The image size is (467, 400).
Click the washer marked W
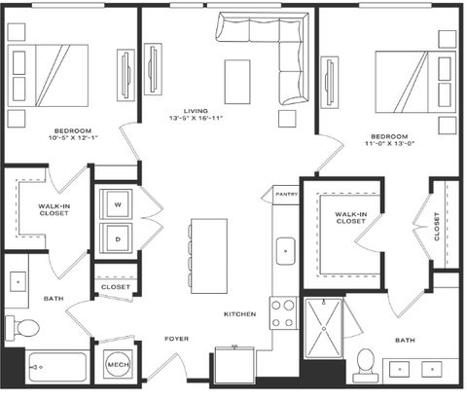pos(116,204)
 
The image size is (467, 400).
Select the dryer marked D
pos(116,238)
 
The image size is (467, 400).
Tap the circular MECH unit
pos(118,364)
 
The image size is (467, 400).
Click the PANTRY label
pos(287,194)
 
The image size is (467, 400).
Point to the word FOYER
pos(177,339)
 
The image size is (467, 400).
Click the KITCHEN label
pos(240,314)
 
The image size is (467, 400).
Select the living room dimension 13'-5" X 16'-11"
pos(196,118)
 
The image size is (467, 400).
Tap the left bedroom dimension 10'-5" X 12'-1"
pos(73,138)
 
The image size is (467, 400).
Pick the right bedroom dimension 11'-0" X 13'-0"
pos(389,143)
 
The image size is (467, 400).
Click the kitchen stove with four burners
pos(283,313)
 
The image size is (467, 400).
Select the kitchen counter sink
pos(286,251)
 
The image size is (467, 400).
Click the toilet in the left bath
pos(22,328)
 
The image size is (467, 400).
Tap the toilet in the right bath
pos(366,365)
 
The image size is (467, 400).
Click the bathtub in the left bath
pos(57,367)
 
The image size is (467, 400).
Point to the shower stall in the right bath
pos(323,328)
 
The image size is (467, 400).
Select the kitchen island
pos(209,256)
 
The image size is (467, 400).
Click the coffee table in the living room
pos(237,82)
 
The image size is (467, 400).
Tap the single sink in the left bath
pos(18,281)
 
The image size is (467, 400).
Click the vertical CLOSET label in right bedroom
pos(437,227)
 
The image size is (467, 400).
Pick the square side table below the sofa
pos(287,119)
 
